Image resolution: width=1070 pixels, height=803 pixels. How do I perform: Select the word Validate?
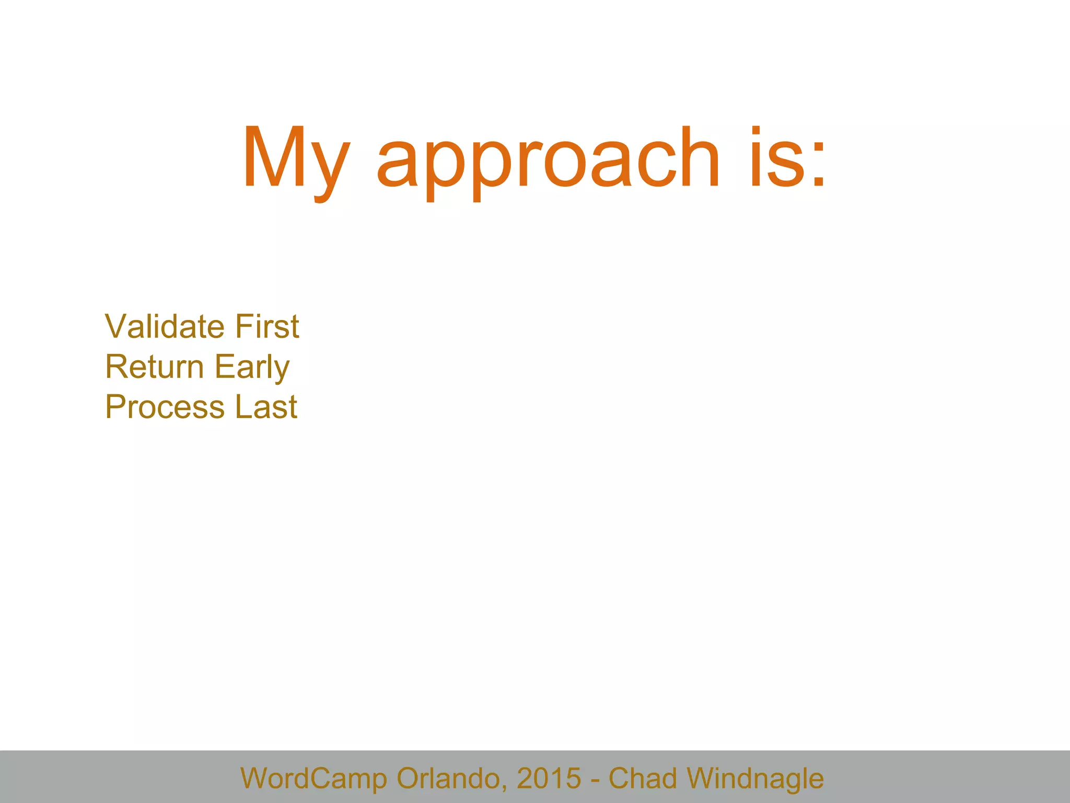point(165,326)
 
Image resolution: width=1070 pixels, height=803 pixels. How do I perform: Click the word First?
point(267,326)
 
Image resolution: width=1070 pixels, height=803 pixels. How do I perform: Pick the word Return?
point(154,366)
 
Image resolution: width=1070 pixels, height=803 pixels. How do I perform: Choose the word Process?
point(165,407)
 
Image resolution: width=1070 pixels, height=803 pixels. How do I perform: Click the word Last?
point(266,407)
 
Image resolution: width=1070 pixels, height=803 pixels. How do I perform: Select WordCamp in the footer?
point(313,778)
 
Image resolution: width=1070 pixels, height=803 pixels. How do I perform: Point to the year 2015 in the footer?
point(549,778)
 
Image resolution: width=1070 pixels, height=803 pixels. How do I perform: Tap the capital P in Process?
point(115,407)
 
